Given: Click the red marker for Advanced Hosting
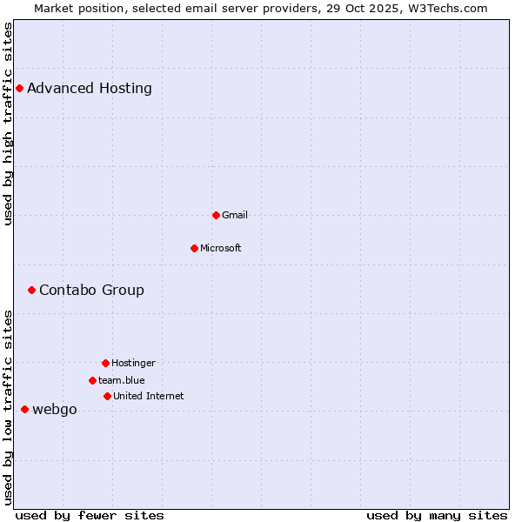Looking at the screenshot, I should click(19, 88).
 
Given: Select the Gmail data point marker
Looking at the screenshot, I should click(216, 215).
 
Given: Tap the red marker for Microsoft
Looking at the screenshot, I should click(194, 248).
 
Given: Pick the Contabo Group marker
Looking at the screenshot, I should click(31, 290).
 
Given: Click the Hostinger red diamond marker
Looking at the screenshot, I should click(105, 363).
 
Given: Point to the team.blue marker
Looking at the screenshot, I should click(92, 380).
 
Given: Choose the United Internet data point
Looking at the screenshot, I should click(107, 396).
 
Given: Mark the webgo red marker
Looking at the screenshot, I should click(24, 409).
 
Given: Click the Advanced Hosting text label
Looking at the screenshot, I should click(90, 88).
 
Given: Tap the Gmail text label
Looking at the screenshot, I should click(235, 215).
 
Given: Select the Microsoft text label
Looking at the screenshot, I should click(221, 248).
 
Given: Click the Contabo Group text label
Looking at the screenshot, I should click(91, 290).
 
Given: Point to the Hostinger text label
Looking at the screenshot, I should click(133, 363).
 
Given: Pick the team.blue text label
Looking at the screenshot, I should click(122, 380).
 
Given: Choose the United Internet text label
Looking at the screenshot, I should click(149, 396).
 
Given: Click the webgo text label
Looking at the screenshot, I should click(55, 410).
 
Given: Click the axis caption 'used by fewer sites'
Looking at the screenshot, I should click(90, 515).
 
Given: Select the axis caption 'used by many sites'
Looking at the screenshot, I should click(437, 515).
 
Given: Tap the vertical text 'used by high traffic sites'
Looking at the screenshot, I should click(8, 124).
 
